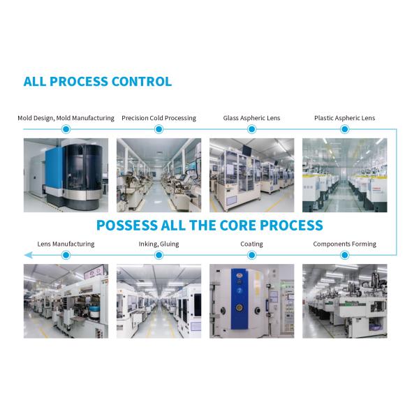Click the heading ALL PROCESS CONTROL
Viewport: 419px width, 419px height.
tap(98, 82)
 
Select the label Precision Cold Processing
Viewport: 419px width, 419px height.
tap(159, 118)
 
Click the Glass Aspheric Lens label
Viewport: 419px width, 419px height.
tap(251, 118)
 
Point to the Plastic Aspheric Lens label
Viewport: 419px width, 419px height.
tap(344, 118)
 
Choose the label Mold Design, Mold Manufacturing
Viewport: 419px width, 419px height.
tap(66, 118)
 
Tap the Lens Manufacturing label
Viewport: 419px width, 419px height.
tap(66, 244)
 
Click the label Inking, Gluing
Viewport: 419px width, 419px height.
tap(159, 244)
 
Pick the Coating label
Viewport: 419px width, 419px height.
tap(251, 244)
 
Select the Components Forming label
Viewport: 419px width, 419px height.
tap(344, 244)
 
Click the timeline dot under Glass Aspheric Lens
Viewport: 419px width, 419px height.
tap(251, 129)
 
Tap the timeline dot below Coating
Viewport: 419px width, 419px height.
tap(251, 255)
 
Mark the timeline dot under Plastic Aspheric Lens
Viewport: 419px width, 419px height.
tap(344, 129)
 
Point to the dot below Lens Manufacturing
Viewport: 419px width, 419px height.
tap(66, 255)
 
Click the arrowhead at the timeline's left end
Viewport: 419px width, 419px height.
tap(28, 255)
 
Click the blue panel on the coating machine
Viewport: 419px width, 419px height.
tap(239, 299)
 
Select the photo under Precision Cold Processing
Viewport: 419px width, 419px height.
tap(159, 175)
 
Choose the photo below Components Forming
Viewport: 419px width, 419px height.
tap(344, 301)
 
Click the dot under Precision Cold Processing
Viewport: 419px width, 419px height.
tap(159, 129)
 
